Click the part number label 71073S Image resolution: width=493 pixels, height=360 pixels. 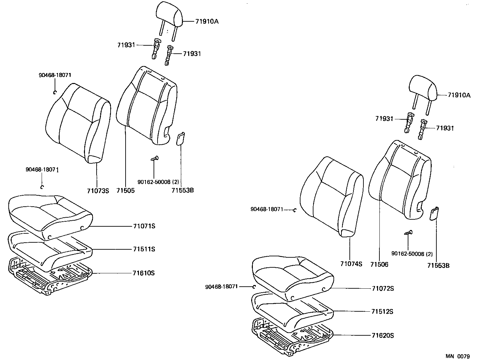click(x=98, y=191)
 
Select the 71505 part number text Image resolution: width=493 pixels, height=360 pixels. click(x=126, y=191)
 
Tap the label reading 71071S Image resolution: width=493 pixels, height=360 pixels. click(x=144, y=226)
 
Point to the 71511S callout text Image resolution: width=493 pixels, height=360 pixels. click(x=144, y=249)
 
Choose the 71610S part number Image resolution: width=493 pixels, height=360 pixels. click(x=144, y=273)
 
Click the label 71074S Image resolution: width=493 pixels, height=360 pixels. click(x=351, y=264)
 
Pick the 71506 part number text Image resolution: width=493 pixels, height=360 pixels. click(x=379, y=264)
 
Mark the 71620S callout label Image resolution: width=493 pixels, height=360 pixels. click(x=383, y=335)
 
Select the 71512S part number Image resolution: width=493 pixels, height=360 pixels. click(x=382, y=312)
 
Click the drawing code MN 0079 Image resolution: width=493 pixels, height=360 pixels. click(x=458, y=356)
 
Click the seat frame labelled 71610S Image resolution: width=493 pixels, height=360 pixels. click(x=50, y=277)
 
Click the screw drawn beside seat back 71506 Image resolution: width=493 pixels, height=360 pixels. click(x=409, y=233)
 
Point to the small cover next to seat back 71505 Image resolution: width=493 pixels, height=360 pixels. click(x=180, y=138)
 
